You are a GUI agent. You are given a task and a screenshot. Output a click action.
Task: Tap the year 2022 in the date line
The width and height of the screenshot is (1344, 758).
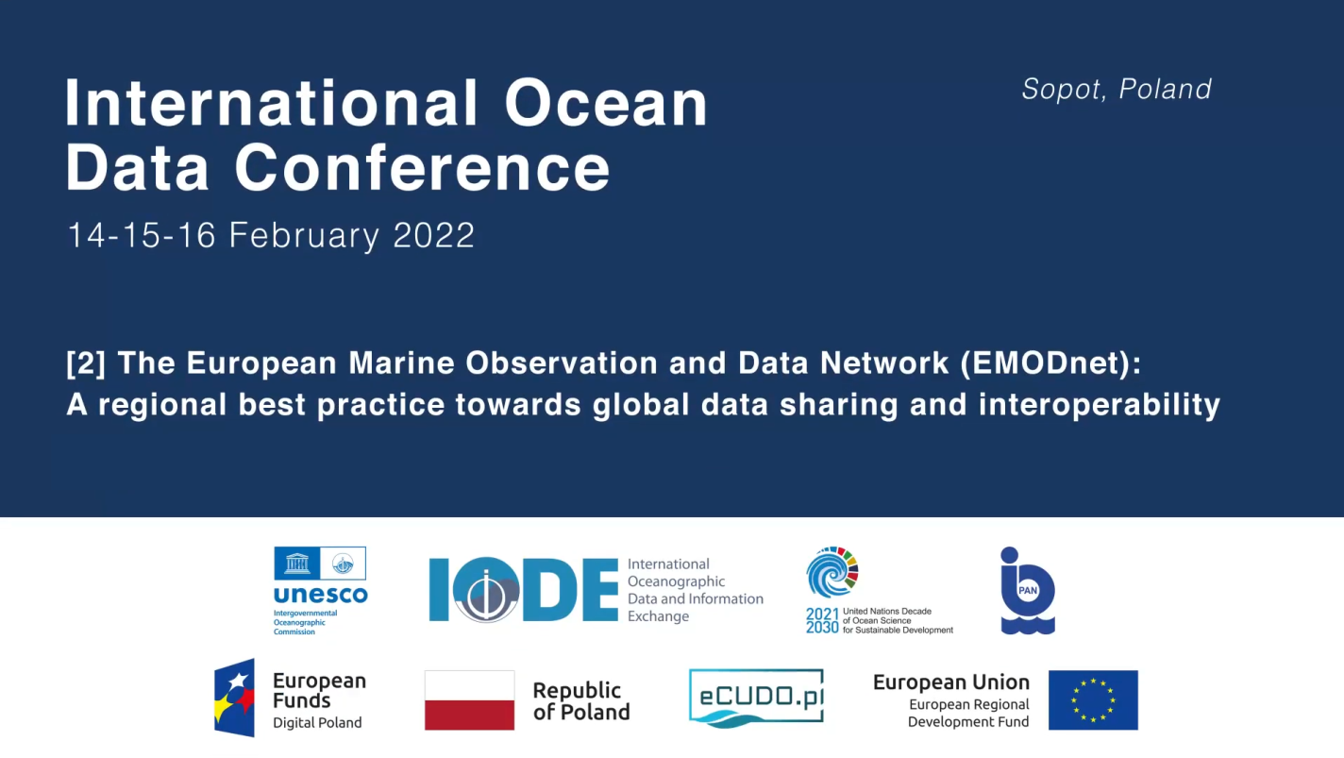(434, 235)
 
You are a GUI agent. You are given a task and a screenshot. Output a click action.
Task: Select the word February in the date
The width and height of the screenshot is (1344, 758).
(304, 235)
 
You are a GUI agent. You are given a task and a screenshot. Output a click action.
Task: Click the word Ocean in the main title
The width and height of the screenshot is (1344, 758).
(606, 103)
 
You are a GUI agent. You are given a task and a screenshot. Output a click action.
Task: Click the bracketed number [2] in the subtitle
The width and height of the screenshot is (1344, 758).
(86, 363)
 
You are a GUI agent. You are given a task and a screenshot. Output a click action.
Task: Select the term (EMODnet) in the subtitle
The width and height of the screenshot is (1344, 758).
(1050, 363)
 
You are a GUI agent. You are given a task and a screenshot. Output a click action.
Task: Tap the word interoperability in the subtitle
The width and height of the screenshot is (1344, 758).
(1100, 405)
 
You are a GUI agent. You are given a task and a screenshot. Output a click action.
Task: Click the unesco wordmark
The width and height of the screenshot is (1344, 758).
(320, 595)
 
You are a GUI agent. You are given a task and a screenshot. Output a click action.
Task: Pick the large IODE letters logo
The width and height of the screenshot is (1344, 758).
(523, 589)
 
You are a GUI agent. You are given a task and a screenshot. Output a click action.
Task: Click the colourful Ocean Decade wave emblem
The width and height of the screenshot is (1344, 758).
(832, 572)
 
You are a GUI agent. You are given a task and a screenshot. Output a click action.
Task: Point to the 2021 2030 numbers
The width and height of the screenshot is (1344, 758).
(822, 620)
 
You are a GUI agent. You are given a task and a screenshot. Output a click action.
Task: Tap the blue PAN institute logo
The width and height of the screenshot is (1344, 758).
(1027, 591)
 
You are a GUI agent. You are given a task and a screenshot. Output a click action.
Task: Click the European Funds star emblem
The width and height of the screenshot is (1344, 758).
(234, 698)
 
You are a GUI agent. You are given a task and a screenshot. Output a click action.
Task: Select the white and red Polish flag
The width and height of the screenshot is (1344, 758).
(469, 700)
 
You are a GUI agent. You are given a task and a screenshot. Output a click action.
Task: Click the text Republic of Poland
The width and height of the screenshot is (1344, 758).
(581, 701)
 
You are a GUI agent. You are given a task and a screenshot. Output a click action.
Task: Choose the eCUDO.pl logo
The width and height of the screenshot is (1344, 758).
(756, 698)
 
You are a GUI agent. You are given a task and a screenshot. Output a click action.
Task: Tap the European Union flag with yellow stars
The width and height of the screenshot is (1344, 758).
(1093, 700)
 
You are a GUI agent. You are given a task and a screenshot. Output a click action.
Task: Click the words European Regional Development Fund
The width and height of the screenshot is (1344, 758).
(968, 713)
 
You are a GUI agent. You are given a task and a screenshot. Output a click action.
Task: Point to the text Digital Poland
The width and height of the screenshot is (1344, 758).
(317, 723)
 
